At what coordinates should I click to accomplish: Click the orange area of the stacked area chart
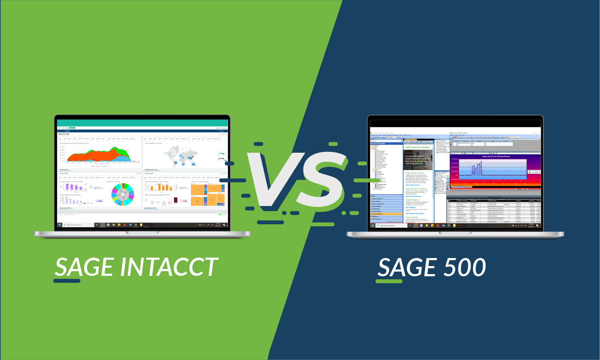click(x=91, y=156)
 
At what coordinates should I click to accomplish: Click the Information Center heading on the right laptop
click(x=417, y=147)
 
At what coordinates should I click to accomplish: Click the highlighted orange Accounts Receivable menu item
click(x=386, y=214)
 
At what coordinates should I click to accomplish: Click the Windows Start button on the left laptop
click(x=60, y=225)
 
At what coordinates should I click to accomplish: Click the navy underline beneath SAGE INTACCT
click(x=67, y=280)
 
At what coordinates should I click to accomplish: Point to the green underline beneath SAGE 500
click(x=389, y=280)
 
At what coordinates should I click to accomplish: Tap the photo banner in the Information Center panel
click(x=418, y=159)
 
